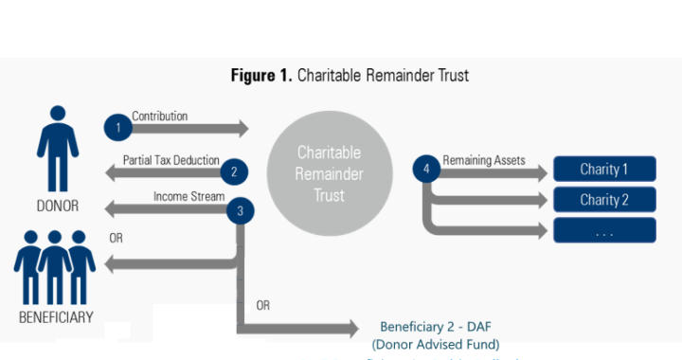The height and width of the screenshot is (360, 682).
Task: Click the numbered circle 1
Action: [118, 127]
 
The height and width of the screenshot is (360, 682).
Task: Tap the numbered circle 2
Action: [233, 171]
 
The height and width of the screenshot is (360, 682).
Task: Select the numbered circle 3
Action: [241, 210]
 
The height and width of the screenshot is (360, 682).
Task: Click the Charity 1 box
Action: [604, 171]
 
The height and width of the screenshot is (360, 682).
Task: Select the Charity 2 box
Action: [604, 200]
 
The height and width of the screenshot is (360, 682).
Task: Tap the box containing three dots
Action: [604, 229]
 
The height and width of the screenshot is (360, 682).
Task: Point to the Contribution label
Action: [159, 117]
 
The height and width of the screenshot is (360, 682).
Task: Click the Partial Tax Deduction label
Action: [171, 160]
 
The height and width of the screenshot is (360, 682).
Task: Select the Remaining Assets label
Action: [485, 160]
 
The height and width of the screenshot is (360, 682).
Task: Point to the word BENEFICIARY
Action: [56, 317]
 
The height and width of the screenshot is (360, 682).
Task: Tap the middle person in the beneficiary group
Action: [56, 265]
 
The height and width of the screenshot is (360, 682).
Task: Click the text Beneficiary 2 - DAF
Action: [436, 326]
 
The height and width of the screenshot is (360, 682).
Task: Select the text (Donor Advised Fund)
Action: [436, 344]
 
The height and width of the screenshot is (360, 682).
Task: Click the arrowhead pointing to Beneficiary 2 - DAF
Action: [352, 329]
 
